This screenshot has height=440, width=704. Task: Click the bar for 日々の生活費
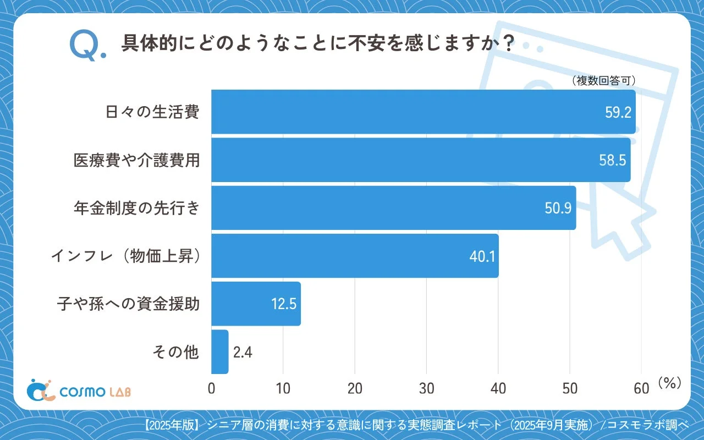point(424,112)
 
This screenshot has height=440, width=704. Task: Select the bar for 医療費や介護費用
point(421,159)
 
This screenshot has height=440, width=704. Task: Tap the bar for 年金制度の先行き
point(393,208)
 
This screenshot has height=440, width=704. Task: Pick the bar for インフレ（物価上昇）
point(355,256)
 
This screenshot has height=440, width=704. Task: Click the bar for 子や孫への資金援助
point(256,304)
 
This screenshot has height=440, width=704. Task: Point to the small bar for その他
point(219,352)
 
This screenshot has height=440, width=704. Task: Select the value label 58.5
point(612,160)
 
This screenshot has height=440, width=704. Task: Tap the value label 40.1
point(481,256)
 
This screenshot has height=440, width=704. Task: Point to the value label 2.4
point(243,352)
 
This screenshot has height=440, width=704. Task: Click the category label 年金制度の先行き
point(136,208)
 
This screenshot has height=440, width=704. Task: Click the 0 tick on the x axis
point(212,388)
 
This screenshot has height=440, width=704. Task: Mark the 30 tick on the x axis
point(427,388)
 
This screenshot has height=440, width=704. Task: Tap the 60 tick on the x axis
point(641,388)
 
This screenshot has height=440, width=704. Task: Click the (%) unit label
point(669,383)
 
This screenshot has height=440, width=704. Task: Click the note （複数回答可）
point(603,81)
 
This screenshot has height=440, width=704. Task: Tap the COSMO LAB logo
point(79,391)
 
